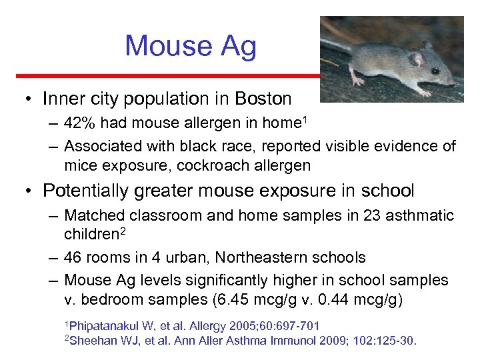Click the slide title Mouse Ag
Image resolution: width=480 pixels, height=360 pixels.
[x=190, y=46]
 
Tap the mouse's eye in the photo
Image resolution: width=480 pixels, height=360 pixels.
[x=434, y=71]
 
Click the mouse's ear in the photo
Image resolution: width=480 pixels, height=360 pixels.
[x=416, y=59]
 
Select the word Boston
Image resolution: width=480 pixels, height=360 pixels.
[x=263, y=99]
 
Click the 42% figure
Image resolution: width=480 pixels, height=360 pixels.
[x=79, y=123]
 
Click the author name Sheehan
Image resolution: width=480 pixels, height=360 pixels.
[x=93, y=341]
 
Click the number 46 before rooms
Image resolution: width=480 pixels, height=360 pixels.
[x=75, y=257]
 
